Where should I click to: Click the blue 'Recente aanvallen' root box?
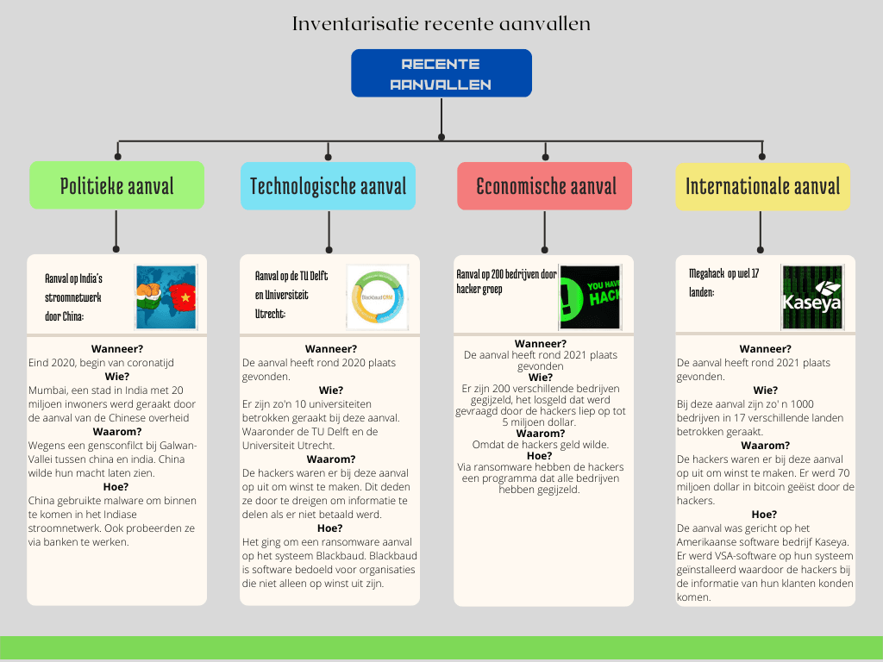pyautogui.click(x=441, y=73)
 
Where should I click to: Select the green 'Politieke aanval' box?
pyautogui.click(x=116, y=185)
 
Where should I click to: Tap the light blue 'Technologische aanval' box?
pyautogui.click(x=328, y=185)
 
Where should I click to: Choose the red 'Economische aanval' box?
pyautogui.click(x=545, y=185)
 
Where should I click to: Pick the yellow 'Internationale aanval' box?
pyautogui.click(x=762, y=185)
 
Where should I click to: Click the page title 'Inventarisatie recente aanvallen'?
pyautogui.click(x=441, y=23)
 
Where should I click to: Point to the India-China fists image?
pyautogui.click(x=166, y=297)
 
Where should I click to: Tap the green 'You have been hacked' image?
pyautogui.click(x=590, y=297)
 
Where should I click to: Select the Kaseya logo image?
pyautogui.click(x=811, y=297)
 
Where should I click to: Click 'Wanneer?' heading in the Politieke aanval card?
pyautogui.click(x=116, y=349)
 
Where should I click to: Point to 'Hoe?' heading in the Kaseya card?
pyautogui.click(x=764, y=515)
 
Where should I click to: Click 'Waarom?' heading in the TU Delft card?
pyautogui.click(x=329, y=459)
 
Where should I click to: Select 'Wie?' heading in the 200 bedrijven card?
pyautogui.click(x=541, y=377)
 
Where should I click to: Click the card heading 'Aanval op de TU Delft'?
pyautogui.click(x=291, y=277)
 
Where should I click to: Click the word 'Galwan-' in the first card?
pyautogui.click(x=179, y=446)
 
